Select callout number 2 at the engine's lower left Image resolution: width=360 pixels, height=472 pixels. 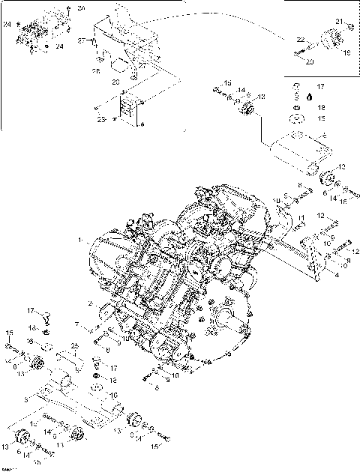[90, 303]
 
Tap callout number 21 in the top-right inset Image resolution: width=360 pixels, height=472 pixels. [338, 21]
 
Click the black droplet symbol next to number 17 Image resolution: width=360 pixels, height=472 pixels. [298, 97]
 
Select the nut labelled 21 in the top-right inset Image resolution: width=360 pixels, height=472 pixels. [350, 27]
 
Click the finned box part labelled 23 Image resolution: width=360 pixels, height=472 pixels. [132, 109]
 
